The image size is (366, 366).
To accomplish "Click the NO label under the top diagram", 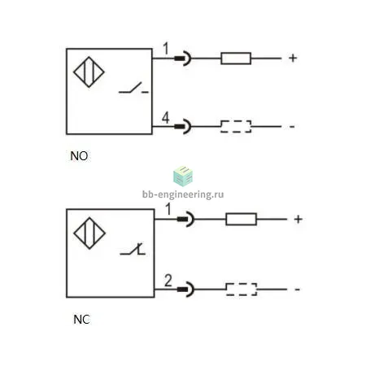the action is [x=79, y=156].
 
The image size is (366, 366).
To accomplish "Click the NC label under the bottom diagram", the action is [x=81, y=320].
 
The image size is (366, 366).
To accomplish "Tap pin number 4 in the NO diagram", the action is [x=166, y=118].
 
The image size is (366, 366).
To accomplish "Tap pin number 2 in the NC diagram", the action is [x=168, y=281].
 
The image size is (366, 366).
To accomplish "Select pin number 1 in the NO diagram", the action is [x=166, y=49].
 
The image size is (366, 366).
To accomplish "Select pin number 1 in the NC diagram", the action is [x=168, y=209].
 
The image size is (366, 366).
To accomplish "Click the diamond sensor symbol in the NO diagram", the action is [x=89, y=72].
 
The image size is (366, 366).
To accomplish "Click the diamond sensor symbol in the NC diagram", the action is [x=89, y=233].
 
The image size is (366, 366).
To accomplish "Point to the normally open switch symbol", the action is [x=133, y=88].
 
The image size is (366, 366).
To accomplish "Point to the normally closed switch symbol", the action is [x=133, y=249].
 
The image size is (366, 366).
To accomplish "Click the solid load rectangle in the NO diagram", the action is [x=236, y=59].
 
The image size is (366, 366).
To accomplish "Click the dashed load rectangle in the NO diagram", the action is [x=236, y=126].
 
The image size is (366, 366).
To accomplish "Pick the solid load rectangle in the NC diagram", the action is [x=241, y=219].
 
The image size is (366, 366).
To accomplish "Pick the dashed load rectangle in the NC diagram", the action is [x=242, y=290].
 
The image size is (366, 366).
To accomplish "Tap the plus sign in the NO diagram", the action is [x=293, y=58].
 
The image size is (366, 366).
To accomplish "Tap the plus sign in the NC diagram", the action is [x=298, y=219].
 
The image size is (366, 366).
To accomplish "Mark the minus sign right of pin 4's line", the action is [x=292, y=127].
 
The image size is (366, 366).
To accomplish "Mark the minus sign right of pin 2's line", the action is [x=298, y=290].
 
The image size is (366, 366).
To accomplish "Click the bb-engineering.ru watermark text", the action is [x=183, y=194].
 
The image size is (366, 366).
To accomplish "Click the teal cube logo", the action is [x=183, y=176].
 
